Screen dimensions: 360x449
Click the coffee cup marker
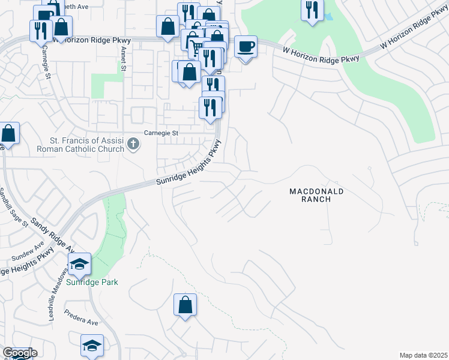click(245, 46)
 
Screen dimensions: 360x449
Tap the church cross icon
click(133, 144)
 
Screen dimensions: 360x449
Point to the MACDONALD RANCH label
click(316, 195)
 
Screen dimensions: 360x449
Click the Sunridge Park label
click(92, 282)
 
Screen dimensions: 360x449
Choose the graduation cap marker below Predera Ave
click(92, 345)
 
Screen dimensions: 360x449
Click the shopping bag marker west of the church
click(8, 133)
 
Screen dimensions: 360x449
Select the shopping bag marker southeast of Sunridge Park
click(185, 304)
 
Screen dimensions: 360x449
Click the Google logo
click(20, 353)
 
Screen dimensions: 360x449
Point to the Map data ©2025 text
click(423, 355)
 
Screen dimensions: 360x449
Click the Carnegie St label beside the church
click(161, 133)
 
